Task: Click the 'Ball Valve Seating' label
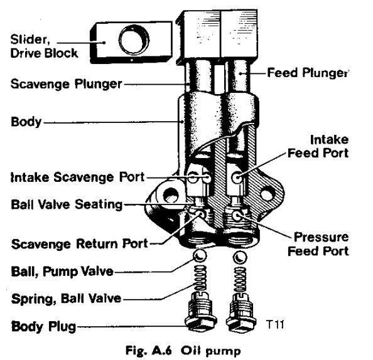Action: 67,204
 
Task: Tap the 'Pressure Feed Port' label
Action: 318,245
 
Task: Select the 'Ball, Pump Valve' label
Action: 62,272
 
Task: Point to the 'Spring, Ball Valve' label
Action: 67,299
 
